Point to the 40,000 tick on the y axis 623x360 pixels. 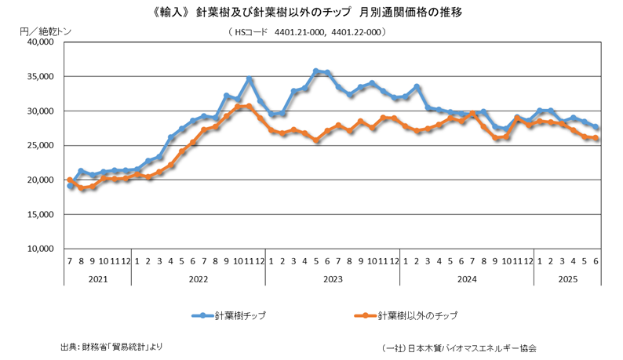pyautogui.click(x=36, y=42)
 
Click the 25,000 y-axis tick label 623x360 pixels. pyautogui.click(x=36, y=146)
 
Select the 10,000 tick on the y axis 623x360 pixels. pyautogui.click(x=36, y=249)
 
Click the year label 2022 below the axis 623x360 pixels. pyautogui.click(x=198, y=278)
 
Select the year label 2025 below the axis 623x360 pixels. pyautogui.click(x=567, y=278)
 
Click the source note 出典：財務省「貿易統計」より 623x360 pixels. pyautogui.click(x=111, y=346)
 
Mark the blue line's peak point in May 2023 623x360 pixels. pyautogui.click(x=316, y=71)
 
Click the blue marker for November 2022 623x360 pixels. pyautogui.click(x=250, y=79)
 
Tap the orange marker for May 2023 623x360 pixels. pyautogui.click(x=316, y=140)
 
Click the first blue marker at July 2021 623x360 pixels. pyautogui.click(x=70, y=186)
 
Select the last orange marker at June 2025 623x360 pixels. pyautogui.click(x=596, y=139)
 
